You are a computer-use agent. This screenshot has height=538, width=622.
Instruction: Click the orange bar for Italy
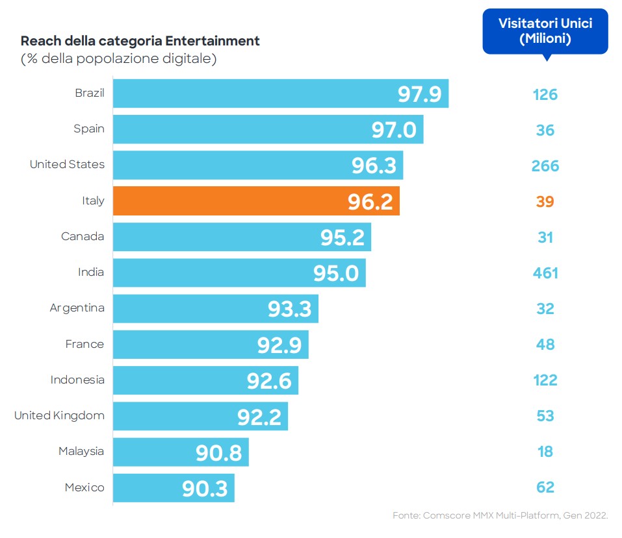point(256,201)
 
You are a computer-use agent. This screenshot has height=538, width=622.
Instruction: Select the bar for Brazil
point(280,94)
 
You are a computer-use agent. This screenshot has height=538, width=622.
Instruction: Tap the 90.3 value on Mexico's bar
point(205,488)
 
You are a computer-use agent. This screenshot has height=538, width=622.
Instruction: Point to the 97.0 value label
point(394,130)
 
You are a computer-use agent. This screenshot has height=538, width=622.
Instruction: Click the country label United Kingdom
point(59,415)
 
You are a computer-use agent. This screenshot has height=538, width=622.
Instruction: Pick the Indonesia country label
point(77,380)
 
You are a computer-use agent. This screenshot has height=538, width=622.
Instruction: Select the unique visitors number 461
point(545,273)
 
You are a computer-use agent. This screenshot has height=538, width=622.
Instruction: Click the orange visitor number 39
point(545,202)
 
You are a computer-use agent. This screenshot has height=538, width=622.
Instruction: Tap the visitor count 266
point(545,166)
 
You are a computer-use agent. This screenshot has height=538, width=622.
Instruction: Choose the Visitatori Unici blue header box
point(545,31)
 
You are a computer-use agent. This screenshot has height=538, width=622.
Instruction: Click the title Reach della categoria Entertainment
point(140,41)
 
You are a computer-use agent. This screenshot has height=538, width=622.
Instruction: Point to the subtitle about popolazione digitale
point(119,59)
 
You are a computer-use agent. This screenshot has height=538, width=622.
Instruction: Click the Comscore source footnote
point(500,515)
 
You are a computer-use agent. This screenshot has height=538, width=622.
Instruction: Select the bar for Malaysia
point(181,452)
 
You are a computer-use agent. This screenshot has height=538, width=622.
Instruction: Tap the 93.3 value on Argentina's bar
point(290,309)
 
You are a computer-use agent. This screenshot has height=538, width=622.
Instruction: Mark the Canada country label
point(83,236)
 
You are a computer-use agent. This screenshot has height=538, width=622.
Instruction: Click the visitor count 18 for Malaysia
point(545,452)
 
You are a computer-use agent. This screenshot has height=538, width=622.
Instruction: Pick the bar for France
point(211,345)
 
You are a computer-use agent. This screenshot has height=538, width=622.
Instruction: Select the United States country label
point(67,165)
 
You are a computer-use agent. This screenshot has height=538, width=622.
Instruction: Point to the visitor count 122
point(545,380)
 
